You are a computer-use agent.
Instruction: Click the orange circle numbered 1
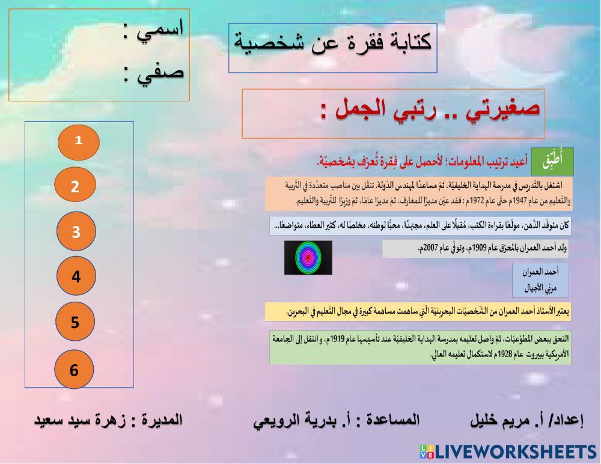78,141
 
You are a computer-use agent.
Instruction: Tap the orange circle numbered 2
75,186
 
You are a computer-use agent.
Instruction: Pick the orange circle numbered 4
76,276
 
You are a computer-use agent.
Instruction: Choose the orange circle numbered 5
75,323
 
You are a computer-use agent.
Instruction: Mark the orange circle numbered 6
75,369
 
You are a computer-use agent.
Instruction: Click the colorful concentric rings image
308,258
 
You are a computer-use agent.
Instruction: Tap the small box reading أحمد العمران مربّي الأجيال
540,280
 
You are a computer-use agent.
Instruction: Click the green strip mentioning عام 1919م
420,347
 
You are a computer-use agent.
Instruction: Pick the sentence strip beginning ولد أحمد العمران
475,248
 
